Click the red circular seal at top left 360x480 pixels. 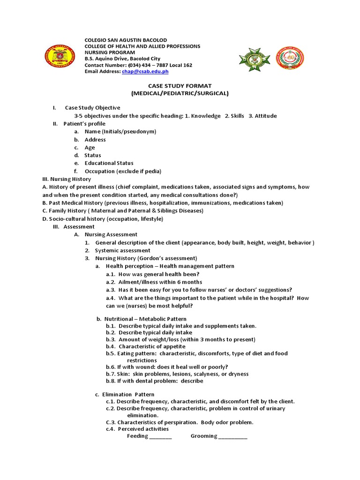(59, 58)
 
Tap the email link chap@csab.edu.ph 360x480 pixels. (145, 72)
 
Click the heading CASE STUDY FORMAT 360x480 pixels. (180, 86)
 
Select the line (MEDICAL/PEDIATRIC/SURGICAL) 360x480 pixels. (180, 93)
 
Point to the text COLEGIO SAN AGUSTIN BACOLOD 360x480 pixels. (125, 40)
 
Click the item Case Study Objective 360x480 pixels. (92, 108)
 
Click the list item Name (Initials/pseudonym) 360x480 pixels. (120, 132)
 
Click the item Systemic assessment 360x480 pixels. (122, 250)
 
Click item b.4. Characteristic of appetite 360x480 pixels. (145, 346)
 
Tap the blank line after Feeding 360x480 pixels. (161, 437)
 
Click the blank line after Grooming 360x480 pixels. (233, 437)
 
